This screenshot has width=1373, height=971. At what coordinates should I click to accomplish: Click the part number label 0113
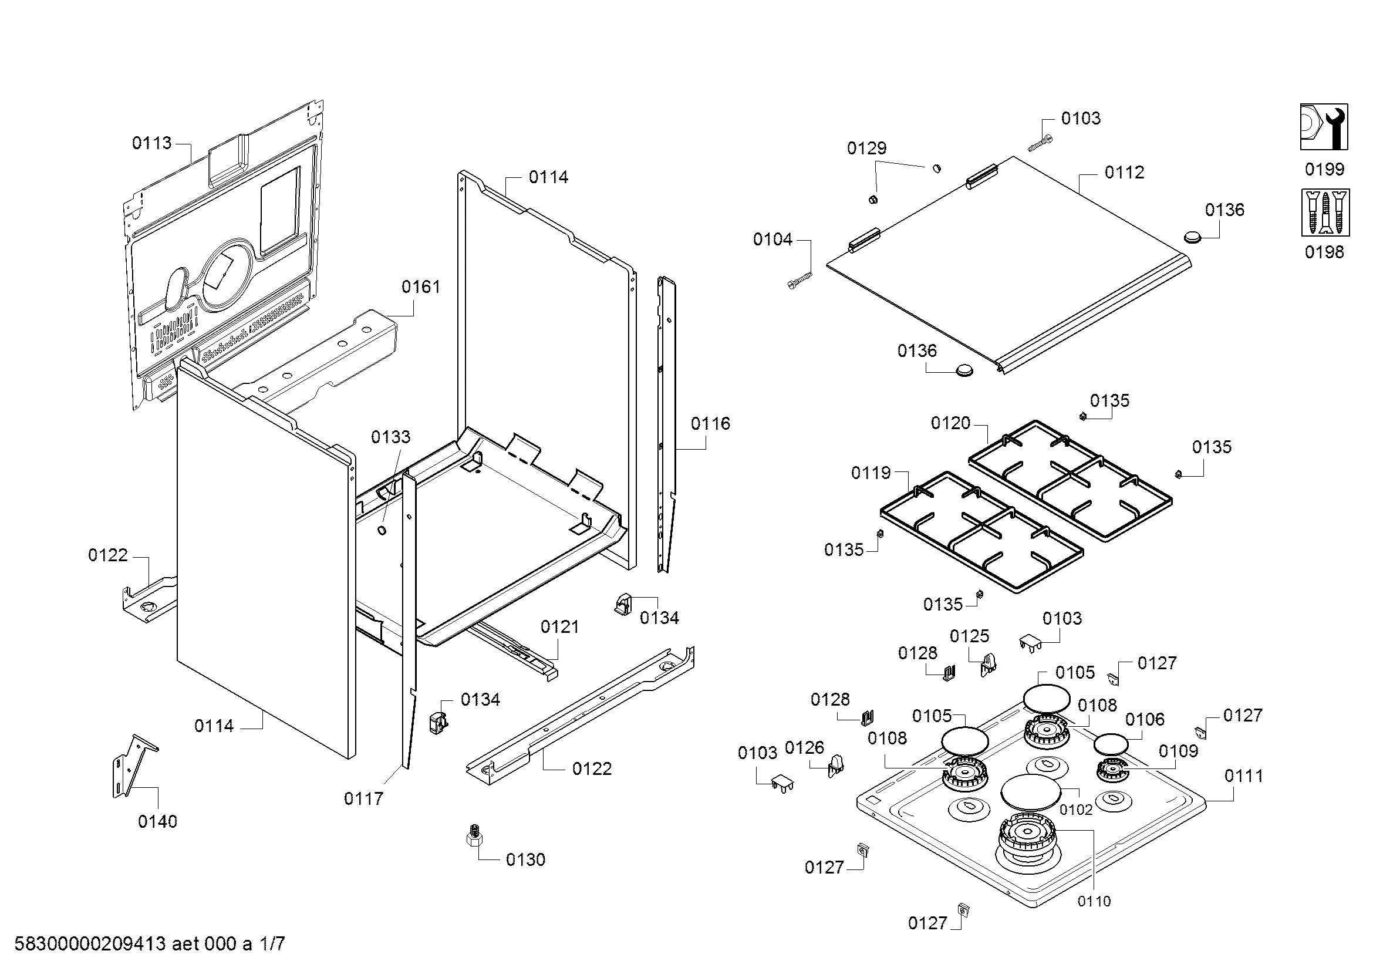coord(151,143)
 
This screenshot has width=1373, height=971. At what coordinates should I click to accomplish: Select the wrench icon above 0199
coord(1324,127)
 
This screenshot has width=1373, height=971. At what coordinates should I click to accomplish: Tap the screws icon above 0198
coord(1324,213)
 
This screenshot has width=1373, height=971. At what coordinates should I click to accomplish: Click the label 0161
coord(420,287)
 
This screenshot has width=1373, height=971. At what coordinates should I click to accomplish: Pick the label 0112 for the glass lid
coord(1124,173)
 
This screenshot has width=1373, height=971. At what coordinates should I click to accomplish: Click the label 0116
coord(710,424)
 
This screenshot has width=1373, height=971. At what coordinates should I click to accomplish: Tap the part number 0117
coord(363,798)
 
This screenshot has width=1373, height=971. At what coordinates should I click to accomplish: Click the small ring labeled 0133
coord(381,530)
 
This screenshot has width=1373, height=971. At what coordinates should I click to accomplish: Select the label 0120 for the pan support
coord(950,423)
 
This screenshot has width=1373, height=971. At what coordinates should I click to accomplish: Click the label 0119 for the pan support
coord(871,473)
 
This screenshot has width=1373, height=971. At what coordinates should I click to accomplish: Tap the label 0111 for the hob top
coord(1244,776)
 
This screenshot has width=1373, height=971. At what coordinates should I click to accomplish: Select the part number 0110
coord(1094,902)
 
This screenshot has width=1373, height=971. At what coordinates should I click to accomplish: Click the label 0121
coord(560,626)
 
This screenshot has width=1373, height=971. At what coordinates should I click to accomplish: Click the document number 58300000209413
coord(90,944)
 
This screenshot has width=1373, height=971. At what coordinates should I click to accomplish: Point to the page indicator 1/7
coord(272,944)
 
